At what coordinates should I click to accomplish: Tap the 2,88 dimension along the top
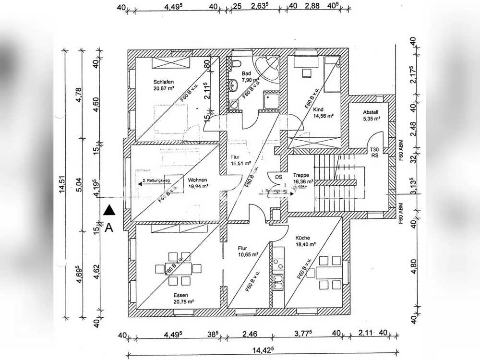[312, 7]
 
